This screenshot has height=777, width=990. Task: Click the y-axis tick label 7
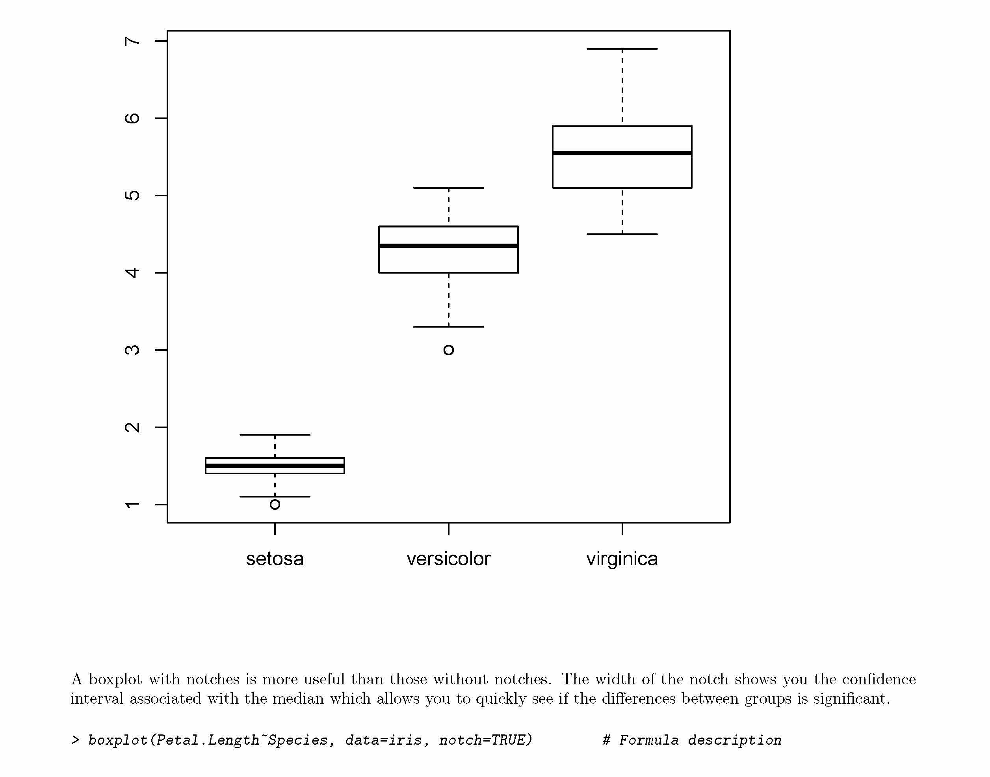point(132,41)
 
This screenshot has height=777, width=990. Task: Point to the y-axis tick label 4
point(132,273)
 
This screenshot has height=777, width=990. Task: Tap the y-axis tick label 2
point(132,428)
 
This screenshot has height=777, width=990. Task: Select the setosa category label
point(275,559)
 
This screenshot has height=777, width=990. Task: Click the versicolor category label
point(448,559)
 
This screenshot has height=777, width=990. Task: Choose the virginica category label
point(622,559)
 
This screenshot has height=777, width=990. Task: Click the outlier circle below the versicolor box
point(449,350)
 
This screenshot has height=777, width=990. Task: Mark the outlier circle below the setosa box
point(275,505)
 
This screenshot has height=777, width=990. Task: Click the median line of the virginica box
point(622,153)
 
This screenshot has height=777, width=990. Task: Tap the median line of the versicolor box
point(448,246)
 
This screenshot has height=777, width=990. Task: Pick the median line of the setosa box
point(275,466)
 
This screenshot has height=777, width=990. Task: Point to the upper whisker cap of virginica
point(622,48)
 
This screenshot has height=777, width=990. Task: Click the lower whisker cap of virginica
point(622,234)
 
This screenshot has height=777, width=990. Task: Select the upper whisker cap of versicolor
point(448,187)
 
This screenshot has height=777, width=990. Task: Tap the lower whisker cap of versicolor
point(448,327)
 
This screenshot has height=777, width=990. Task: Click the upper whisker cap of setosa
point(275,435)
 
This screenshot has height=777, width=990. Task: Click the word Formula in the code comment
point(648,740)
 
